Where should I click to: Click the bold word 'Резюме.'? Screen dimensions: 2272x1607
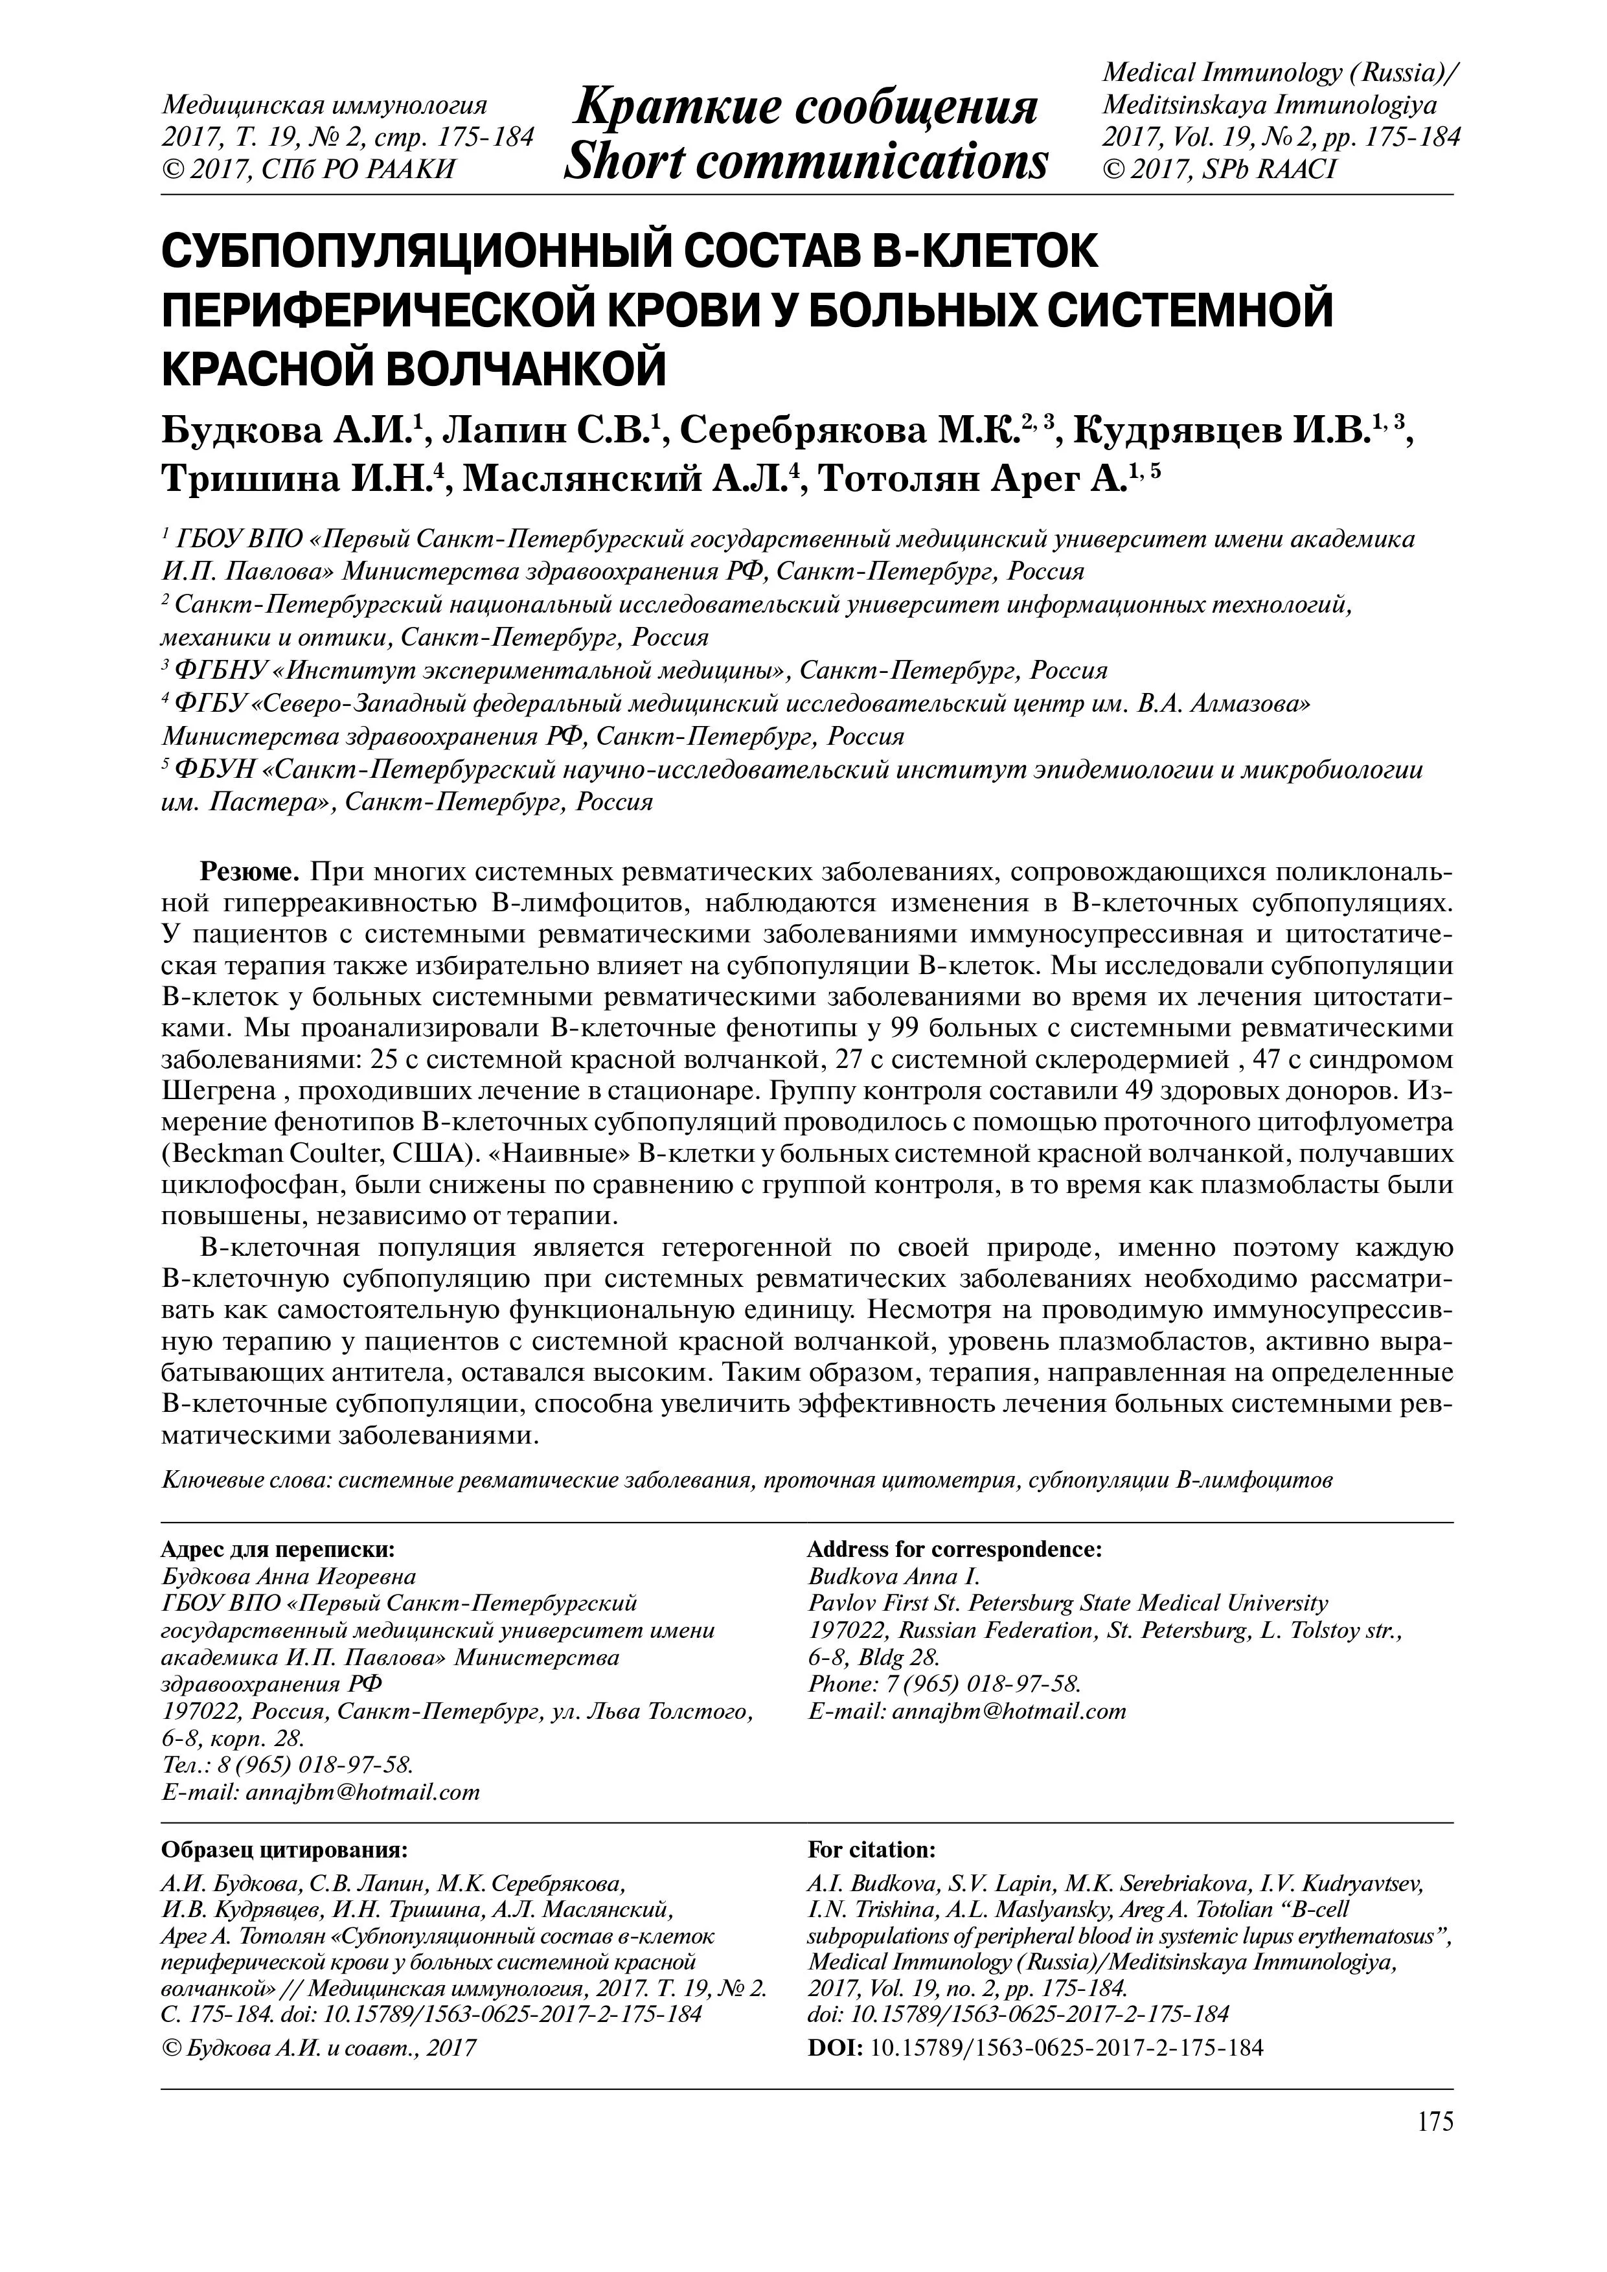[x=251, y=872]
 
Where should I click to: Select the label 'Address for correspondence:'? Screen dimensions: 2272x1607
[x=955, y=1550]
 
